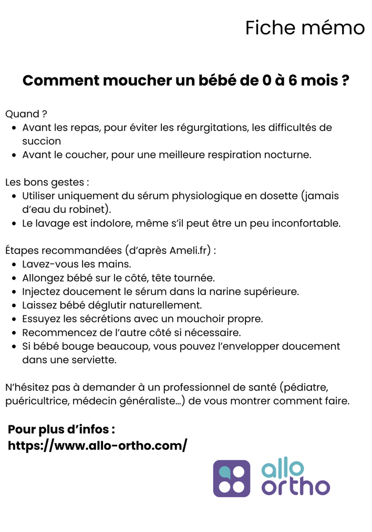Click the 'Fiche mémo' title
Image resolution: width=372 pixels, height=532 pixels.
point(305,28)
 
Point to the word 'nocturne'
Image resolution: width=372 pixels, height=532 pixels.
point(288,155)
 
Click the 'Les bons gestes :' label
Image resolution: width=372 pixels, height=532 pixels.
point(47,182)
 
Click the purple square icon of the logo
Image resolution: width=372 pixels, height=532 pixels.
point(231,478)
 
